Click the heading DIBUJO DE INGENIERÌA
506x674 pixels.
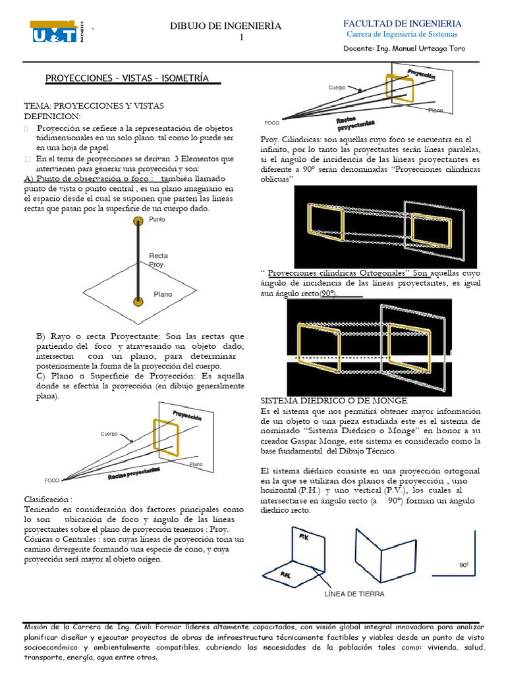pos(226,26)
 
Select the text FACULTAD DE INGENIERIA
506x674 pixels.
pos(407,24)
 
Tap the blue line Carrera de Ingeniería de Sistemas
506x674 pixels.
pos(401,34)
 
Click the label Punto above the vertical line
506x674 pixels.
pos(157,219)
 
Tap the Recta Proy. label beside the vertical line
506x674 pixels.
pos(158,259)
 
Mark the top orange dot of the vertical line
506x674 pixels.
pos(138,224)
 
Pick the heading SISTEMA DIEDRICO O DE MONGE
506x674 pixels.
pos(334,400)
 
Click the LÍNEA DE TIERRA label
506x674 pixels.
pos(354,594)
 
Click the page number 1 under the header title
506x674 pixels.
pos(241,38)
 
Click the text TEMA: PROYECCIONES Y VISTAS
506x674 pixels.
pos(94,106)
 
